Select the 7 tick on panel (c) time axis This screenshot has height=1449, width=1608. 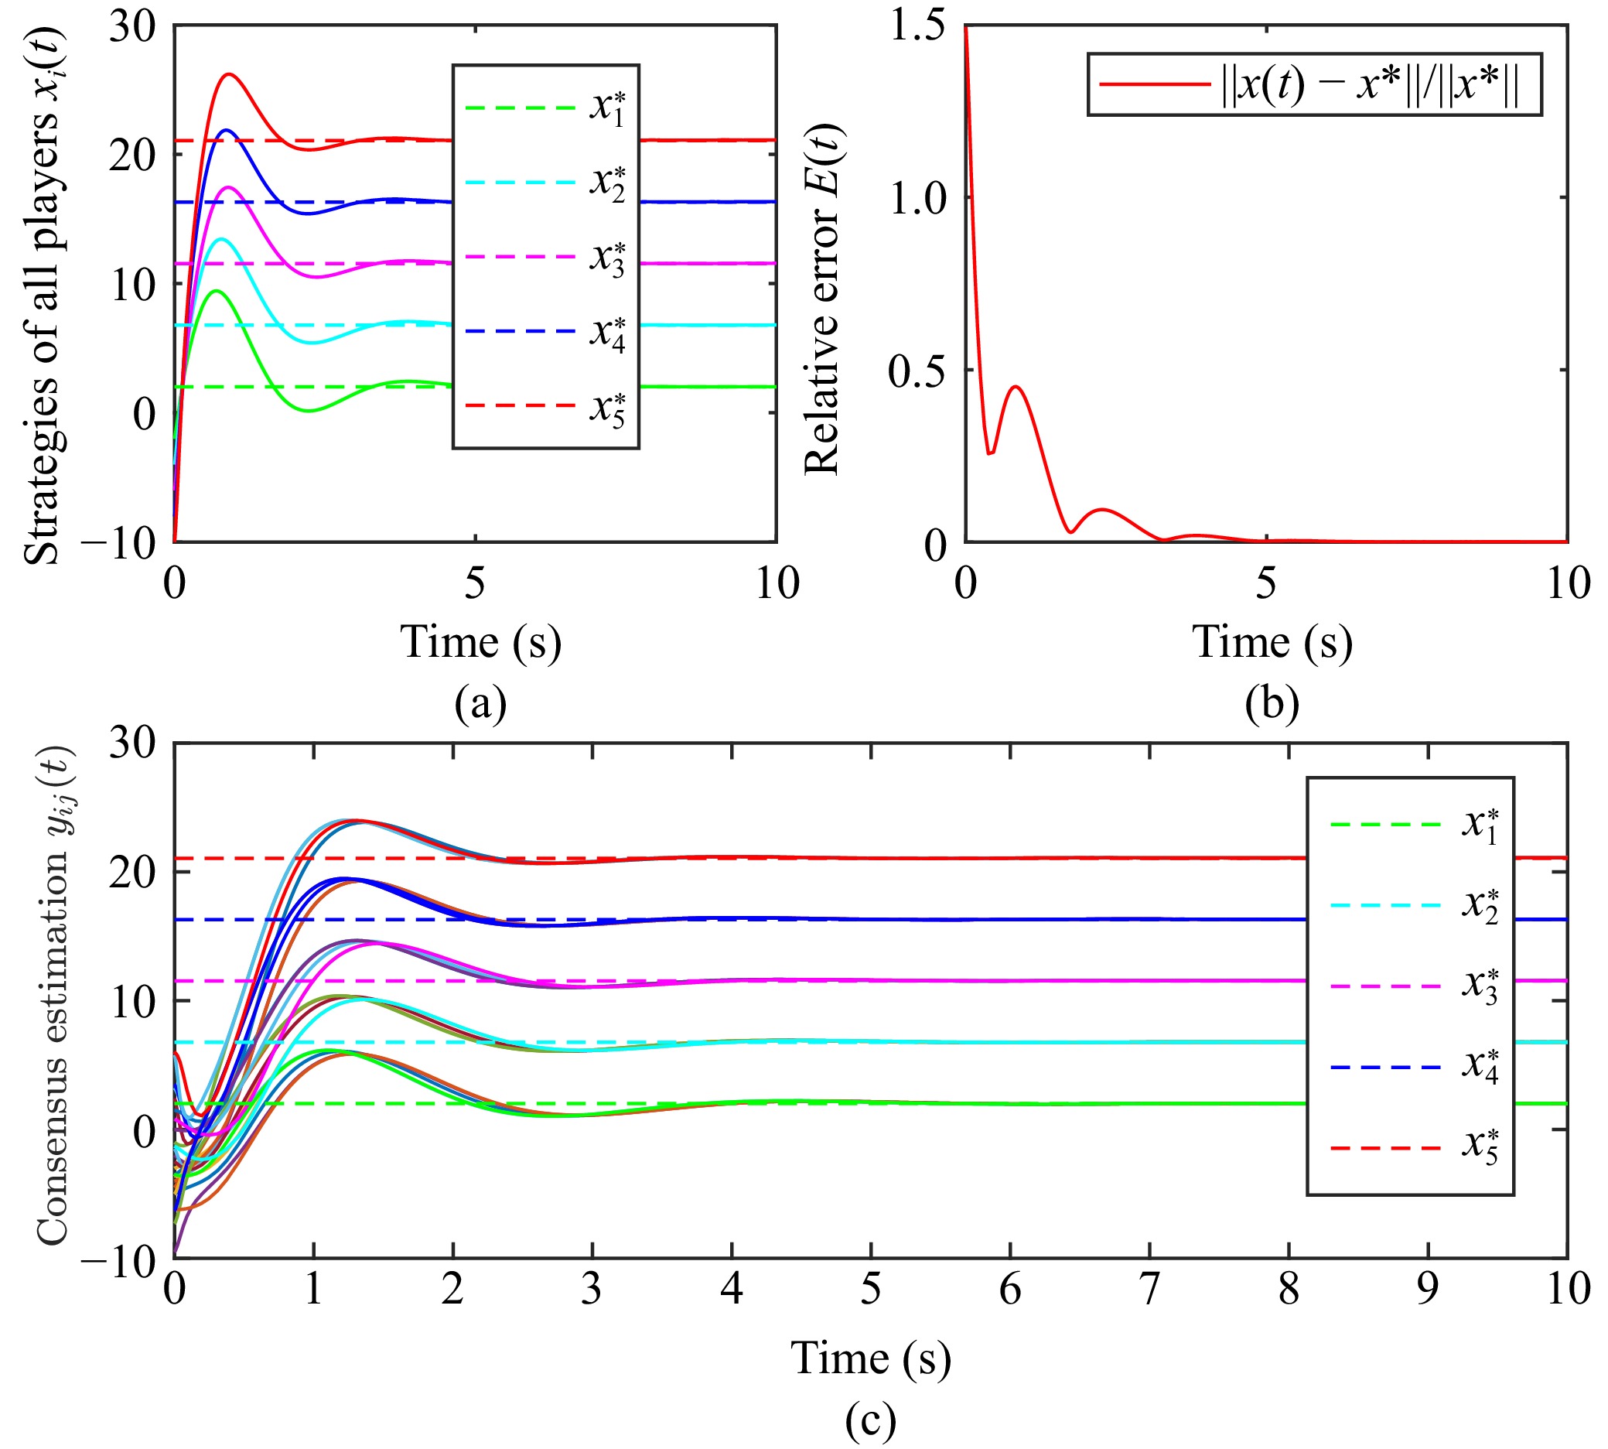pyautogui.click(x=1149, y=1289)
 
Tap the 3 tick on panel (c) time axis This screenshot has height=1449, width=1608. pyautogui.click(x=592, y=1289)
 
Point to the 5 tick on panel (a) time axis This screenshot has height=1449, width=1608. pyautogui.click(x=475, y=583)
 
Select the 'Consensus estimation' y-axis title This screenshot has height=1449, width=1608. pyautogui.click(x=53, y=995)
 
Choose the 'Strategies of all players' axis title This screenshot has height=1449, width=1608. pyautogui.click(x=43, y=295)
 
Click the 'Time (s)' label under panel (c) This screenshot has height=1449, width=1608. pyautogui.click(x=871, y=1358)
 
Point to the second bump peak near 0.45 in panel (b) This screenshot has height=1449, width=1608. pyautogui.click(x=1015, y=387)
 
